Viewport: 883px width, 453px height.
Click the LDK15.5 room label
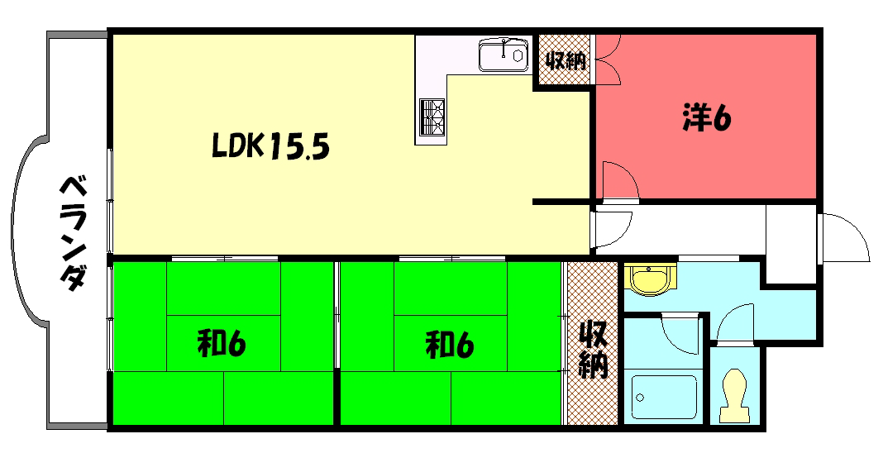[271, 147]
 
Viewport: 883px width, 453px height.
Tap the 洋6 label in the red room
[707, 119]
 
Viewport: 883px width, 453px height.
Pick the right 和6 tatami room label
[450, 343]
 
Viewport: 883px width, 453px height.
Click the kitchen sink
[504, 56]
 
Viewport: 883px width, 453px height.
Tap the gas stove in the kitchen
[432, 116]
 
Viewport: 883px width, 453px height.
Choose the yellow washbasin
[650, 279]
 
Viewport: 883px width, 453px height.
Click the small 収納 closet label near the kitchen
[565, 60]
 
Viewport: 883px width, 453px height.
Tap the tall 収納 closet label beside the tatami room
[592, 350]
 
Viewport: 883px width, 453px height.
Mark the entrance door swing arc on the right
[843, 236]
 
